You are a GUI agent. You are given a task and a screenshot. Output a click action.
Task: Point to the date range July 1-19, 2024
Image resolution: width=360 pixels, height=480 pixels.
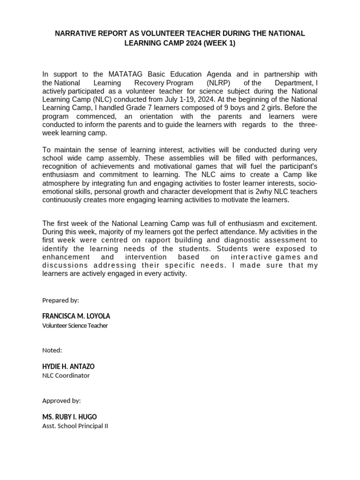coord(172,99)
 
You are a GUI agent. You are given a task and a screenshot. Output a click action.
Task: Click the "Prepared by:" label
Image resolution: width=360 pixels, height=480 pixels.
coord(60,300)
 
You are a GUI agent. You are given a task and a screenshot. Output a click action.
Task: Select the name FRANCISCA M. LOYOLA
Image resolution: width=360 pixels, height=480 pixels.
coord(76,316)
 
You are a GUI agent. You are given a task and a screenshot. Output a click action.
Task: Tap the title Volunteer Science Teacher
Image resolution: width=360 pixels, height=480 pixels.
coord(75,325)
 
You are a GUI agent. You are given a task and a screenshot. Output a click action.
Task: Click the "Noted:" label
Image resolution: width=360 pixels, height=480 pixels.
coord(52,350)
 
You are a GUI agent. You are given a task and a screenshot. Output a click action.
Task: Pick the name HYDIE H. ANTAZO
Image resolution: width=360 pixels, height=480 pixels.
coord(71,366)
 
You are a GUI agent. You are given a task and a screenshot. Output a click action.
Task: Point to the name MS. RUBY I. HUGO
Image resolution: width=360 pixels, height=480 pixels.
coord(69,417)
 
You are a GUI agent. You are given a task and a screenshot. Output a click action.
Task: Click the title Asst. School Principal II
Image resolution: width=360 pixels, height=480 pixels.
coord(75,426)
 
